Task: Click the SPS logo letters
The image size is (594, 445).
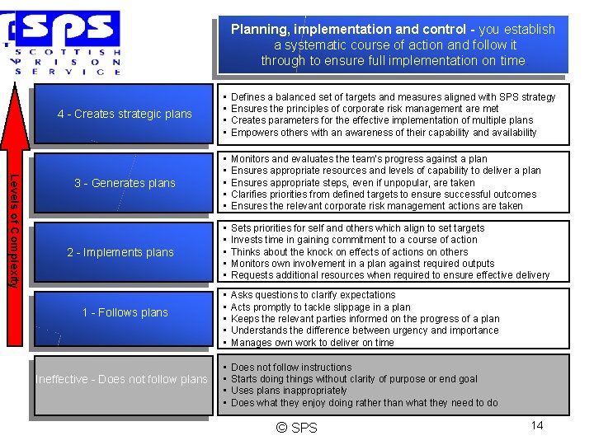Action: (70, 30)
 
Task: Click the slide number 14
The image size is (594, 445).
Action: (536, 425)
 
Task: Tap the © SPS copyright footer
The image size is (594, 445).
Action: (298, 427)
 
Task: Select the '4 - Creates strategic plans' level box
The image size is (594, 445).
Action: (125, 114)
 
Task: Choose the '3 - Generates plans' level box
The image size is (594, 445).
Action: (125, 183)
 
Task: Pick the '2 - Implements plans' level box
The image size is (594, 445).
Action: (120, 252)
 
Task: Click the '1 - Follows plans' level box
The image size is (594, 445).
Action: (125, 312)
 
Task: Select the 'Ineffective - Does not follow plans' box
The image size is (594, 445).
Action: (121, 379)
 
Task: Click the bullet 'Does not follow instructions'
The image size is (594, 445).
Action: (291, 368)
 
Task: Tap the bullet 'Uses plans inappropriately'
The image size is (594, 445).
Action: (289, 391)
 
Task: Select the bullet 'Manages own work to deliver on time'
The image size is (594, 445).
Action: (313, 343)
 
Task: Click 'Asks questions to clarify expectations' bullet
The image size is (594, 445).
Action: (313, 295)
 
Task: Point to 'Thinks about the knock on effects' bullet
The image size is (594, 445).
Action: (349, 252)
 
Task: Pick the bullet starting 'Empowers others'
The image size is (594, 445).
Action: (384, 132)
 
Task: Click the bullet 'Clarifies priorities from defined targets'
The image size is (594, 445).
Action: (384, 194)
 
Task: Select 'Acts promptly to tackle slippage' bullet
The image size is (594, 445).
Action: (320, 307)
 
